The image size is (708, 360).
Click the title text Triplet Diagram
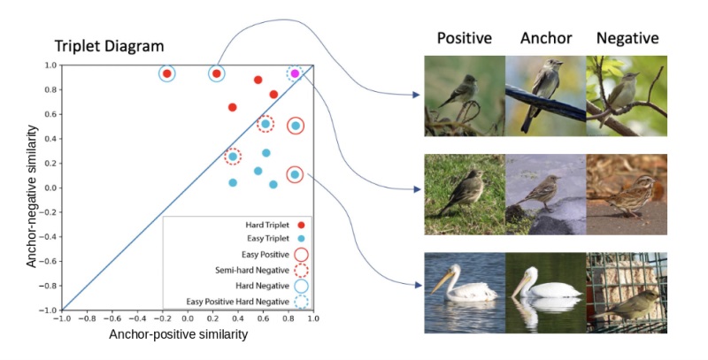(109, 46)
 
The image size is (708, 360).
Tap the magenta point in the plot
(295, 73)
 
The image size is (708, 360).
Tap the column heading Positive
(464, 38)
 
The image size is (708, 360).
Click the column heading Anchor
(545, 38)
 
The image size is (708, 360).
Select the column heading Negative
(627, 38)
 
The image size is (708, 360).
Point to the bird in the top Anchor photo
(541, 88)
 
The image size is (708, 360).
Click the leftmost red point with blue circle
(166, 73)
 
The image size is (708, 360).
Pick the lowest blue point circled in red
(295, 174)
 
